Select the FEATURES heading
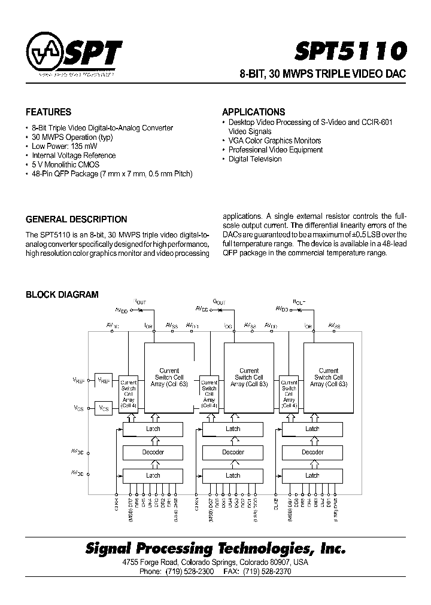[x=48, y=112]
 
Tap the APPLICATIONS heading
[x=253, y=112]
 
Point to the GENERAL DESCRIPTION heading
[x=76, y=219]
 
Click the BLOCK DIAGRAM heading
[x=62, y=295]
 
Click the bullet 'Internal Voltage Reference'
[x=72, y=155]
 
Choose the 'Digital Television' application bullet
[x=254, y=159]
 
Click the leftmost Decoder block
[x=153, y=453]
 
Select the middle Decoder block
[x=233, y=453]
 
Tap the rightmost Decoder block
[x=312, y=453]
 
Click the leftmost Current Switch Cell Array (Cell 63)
[x=169, y=377]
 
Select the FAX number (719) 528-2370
[x=268, y=572]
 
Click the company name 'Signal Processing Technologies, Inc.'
[x=215, y=548]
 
